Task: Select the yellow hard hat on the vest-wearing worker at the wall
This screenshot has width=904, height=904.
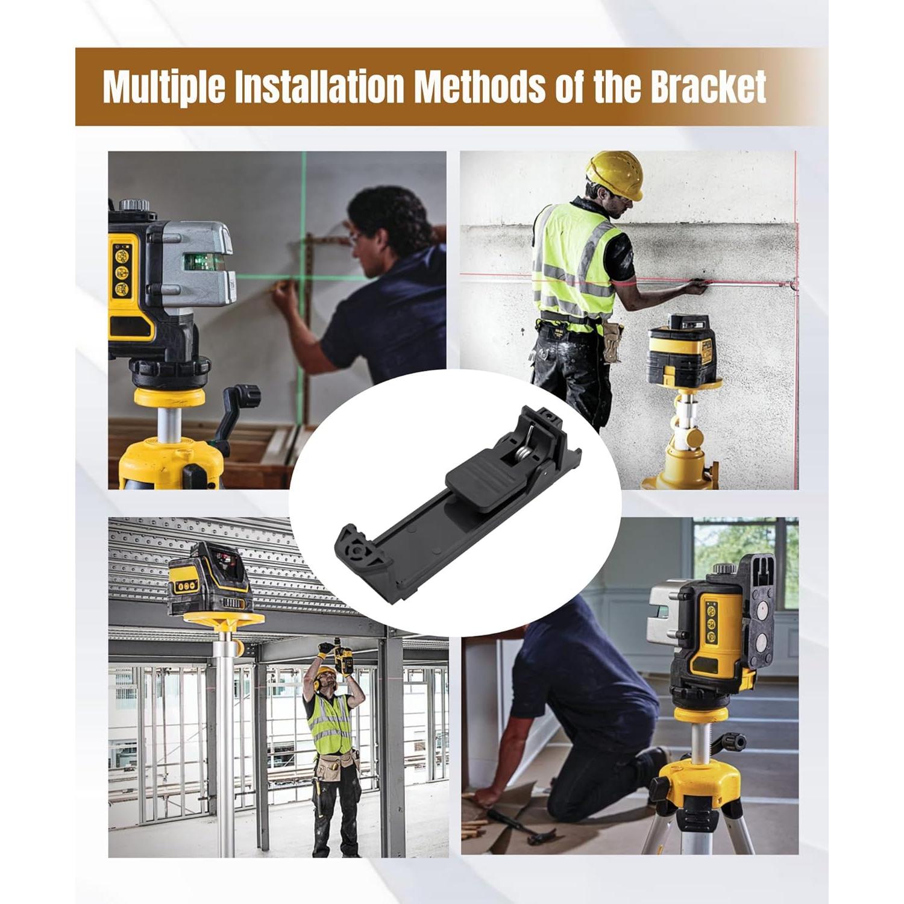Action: pos(614,174)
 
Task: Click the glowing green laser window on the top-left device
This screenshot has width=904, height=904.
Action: pos(204,262)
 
